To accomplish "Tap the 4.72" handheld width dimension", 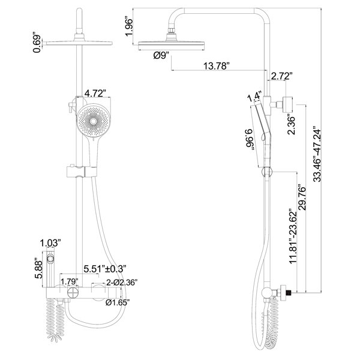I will click(x=95, y=94).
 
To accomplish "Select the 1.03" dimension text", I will click(x=50, y=244).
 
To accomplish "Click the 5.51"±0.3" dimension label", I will click(x=108, y=268).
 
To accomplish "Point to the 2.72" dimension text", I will click(x=281, y=76).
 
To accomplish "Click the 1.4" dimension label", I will click(x=254, y=95).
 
